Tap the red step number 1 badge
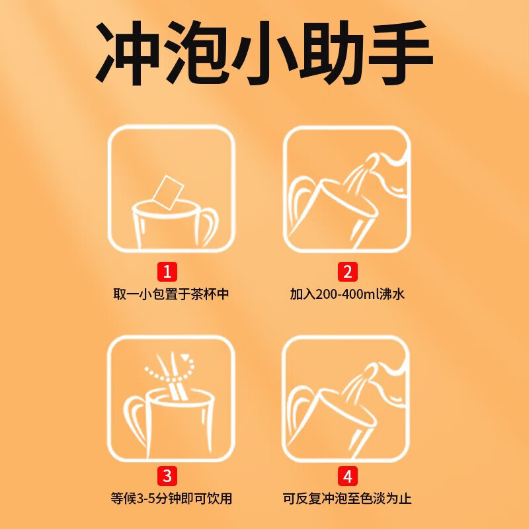[167, 271]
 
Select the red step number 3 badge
[167, 475]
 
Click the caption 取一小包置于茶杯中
[171, 294]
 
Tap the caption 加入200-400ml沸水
[347, 294]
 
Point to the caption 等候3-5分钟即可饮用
[171, 499]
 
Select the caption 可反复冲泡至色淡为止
[347, 499]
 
